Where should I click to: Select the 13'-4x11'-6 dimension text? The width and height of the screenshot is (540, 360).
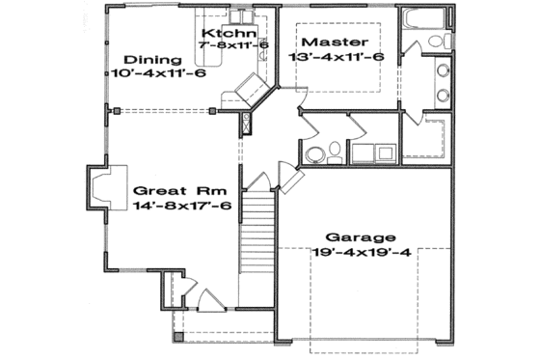click(x=337, y=57)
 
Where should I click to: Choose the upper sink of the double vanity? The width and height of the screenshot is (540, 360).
click(x=445, y=72)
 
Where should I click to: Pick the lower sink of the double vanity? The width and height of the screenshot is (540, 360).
click(x=445, y=95)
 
